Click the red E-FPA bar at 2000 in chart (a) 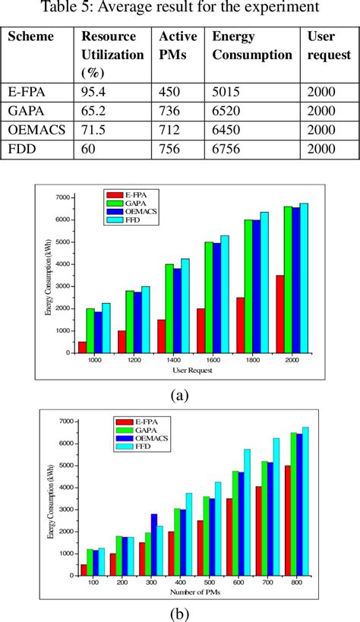279,314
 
